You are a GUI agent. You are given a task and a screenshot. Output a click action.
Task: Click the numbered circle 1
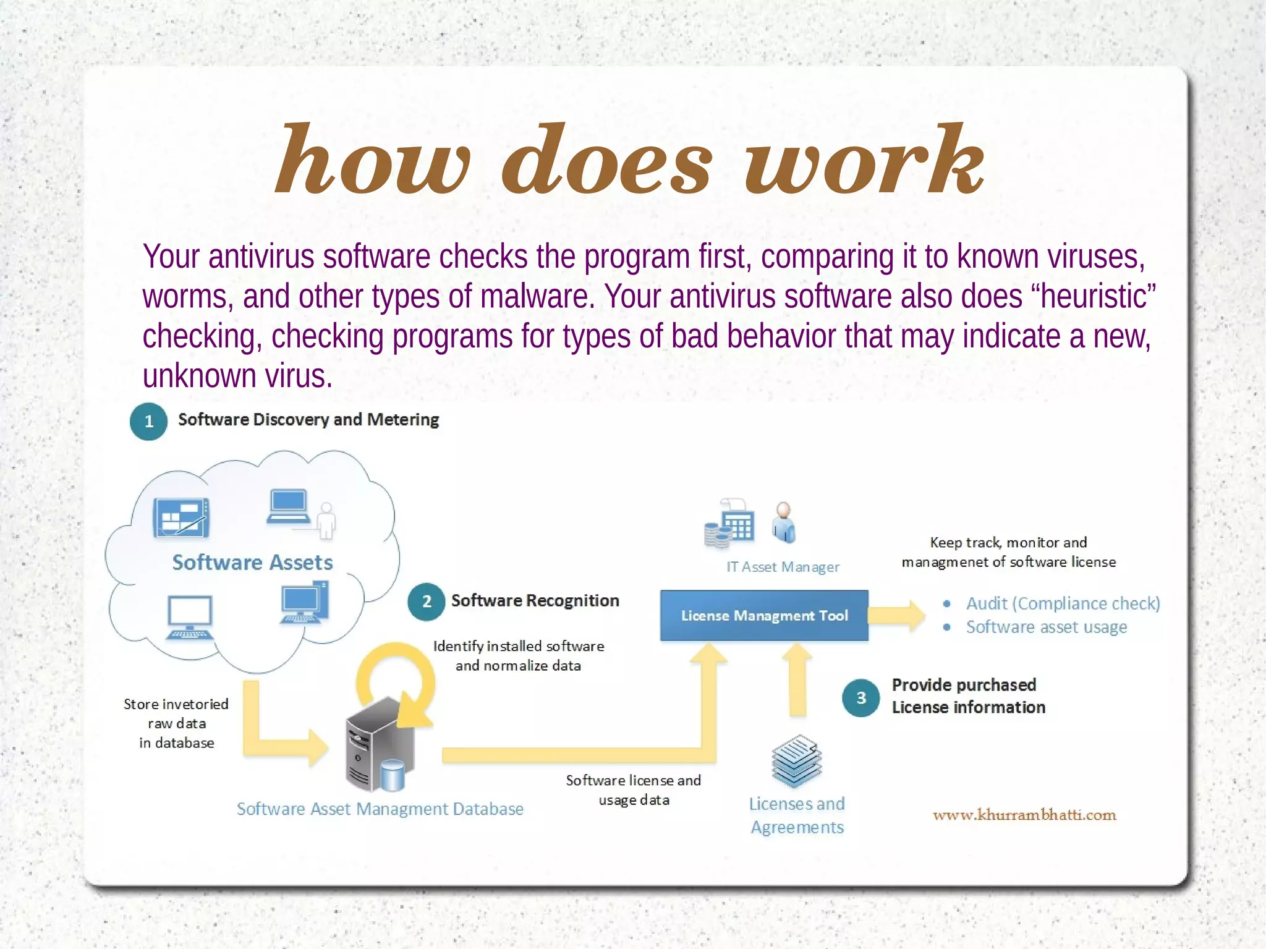[x=148, y=422]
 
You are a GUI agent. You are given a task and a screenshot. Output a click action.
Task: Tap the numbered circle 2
[x=426, y=602]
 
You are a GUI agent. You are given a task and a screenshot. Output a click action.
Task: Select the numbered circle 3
[x=860, y=698]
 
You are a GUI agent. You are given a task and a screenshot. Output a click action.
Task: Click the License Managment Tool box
[x=764, y=616]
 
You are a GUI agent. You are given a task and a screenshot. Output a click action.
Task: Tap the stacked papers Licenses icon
[x=797, y=760]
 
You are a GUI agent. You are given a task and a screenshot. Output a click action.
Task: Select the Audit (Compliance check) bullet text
[x=1063, y=603]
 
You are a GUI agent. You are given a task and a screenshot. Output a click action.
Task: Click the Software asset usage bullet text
[x=1046, y=627]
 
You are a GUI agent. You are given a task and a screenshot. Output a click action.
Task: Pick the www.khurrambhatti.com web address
[x=1024, y=815]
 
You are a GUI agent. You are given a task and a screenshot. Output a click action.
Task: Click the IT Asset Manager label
[x=783, y=567]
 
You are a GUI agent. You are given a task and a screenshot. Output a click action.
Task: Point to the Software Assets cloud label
[x=252, y=563]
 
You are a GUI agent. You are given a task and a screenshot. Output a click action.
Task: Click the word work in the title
[x=864, y=161]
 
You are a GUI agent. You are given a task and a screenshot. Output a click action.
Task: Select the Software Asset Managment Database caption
[x=380, y=809]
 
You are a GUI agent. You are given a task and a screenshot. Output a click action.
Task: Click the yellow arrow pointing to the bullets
[x=897, y=616]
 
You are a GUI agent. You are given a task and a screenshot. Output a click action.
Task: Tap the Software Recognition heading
[x=535, y=601]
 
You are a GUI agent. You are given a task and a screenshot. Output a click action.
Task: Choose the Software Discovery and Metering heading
[x=308, y=420]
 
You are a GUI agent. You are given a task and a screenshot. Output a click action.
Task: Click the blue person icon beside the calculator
[x=784, y=523]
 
